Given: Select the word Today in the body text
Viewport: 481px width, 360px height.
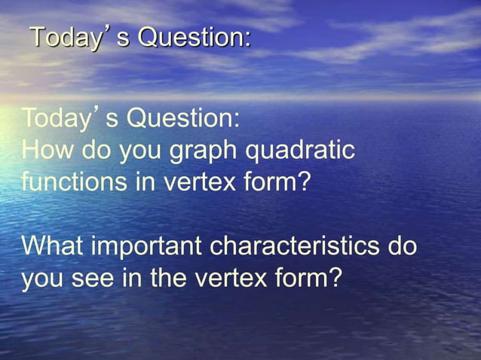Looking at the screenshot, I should [x=57, y=119].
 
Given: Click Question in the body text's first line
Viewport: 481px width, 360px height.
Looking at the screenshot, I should [x=183, y=119].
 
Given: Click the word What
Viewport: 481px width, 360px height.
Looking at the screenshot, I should [x=53, y=246].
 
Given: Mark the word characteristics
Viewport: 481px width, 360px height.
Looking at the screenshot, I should [x=296, y=246].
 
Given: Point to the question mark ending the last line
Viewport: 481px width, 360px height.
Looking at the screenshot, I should [x=334, y=278].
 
